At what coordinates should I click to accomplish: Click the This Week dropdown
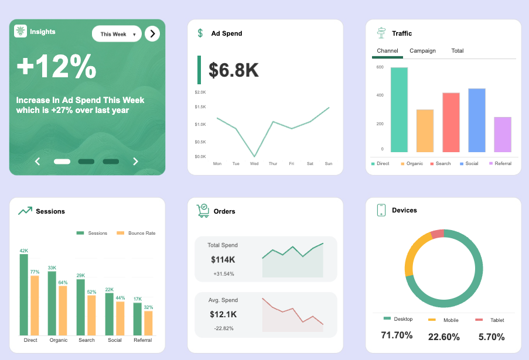(x=117, y=34)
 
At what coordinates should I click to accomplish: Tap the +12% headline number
(x=56, y=67)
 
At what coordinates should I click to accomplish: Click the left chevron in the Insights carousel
(x=37, y=162)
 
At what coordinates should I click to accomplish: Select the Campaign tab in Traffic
(x=422, y=51)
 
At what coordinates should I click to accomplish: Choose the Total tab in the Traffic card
(x=458, y=51)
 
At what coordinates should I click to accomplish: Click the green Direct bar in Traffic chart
(x=399, y=110)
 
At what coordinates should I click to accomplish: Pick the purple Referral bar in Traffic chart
(x=502, y=135)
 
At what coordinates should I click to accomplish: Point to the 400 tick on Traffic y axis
(x=380, y=95)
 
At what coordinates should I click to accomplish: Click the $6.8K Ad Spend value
(x=234, y=70)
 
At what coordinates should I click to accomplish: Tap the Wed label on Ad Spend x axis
(x=254, y=164)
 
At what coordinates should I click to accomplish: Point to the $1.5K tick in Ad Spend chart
(x=200, y=107)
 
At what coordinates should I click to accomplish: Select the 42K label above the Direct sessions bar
(x=23, y=251)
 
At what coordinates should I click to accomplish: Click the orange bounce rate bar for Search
(x=91, y=315)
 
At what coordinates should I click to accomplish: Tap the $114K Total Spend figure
(x=223, y=260)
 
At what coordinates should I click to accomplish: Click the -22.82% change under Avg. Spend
(x=223, y=328)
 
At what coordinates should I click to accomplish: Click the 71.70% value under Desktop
(x=397, y=336)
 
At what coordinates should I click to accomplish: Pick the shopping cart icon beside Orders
(x=203, y=211)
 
